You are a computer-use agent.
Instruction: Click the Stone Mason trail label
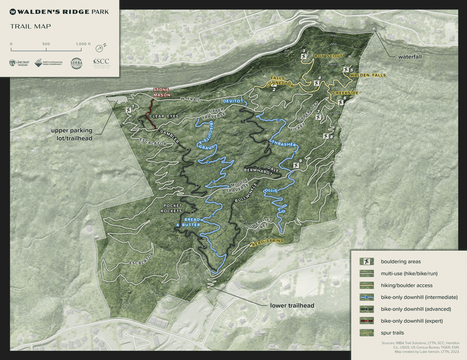coord(161,92)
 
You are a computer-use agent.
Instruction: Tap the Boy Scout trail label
coord(328,56)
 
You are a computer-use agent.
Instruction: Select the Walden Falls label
coord(368,75)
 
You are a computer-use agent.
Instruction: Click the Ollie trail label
coord(271,190)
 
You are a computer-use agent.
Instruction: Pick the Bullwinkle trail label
coord(246,193)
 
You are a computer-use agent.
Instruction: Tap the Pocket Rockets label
coord(171,208)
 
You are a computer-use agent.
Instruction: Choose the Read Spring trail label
coord(267,242)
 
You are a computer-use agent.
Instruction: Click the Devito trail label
coord(231,101)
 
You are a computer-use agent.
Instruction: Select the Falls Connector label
coord(279,82)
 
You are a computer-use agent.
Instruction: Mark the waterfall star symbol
coord(373,29)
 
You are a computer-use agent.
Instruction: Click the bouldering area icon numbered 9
coord(296,165)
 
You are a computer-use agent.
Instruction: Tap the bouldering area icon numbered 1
coord(128,110)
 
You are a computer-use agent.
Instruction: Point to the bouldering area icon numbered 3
coord(304,56)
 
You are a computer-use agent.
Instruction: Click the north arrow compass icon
coord(99,48)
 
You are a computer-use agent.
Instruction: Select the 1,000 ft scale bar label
coord(83,44)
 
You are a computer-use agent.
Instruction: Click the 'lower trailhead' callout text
coord(292,306)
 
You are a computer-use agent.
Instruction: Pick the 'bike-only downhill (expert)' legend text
coord(411,321)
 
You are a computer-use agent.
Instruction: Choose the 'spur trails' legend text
coord(392,333)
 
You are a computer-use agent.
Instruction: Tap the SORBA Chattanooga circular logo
coord(76,63)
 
